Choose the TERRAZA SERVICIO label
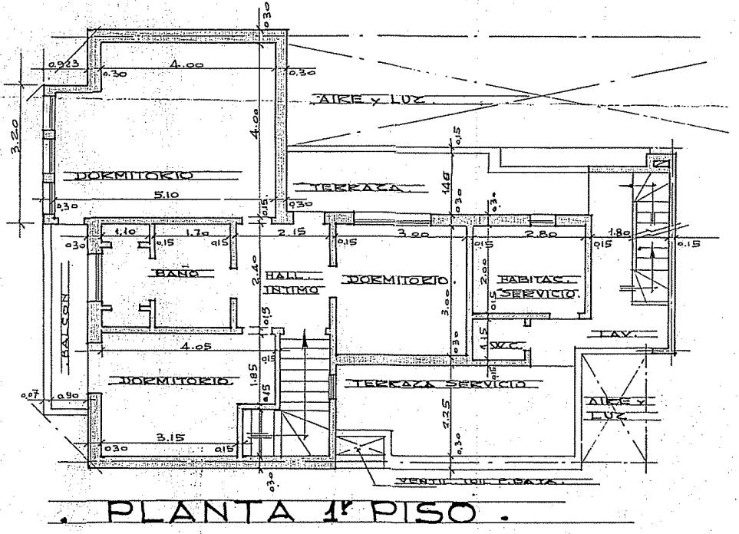tap(434, 383)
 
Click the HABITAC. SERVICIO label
tap(535, 287)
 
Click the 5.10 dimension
tap(165, 196)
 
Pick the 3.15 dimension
tap(170, 437)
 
